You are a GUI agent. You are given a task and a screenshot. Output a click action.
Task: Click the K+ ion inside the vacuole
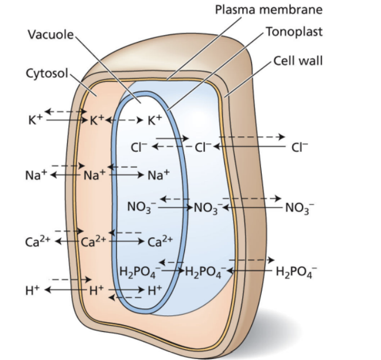click(155, 120)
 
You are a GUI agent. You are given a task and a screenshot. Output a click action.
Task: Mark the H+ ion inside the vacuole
click(155, 290)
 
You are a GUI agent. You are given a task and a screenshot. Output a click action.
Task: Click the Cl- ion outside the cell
click(300, 147)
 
